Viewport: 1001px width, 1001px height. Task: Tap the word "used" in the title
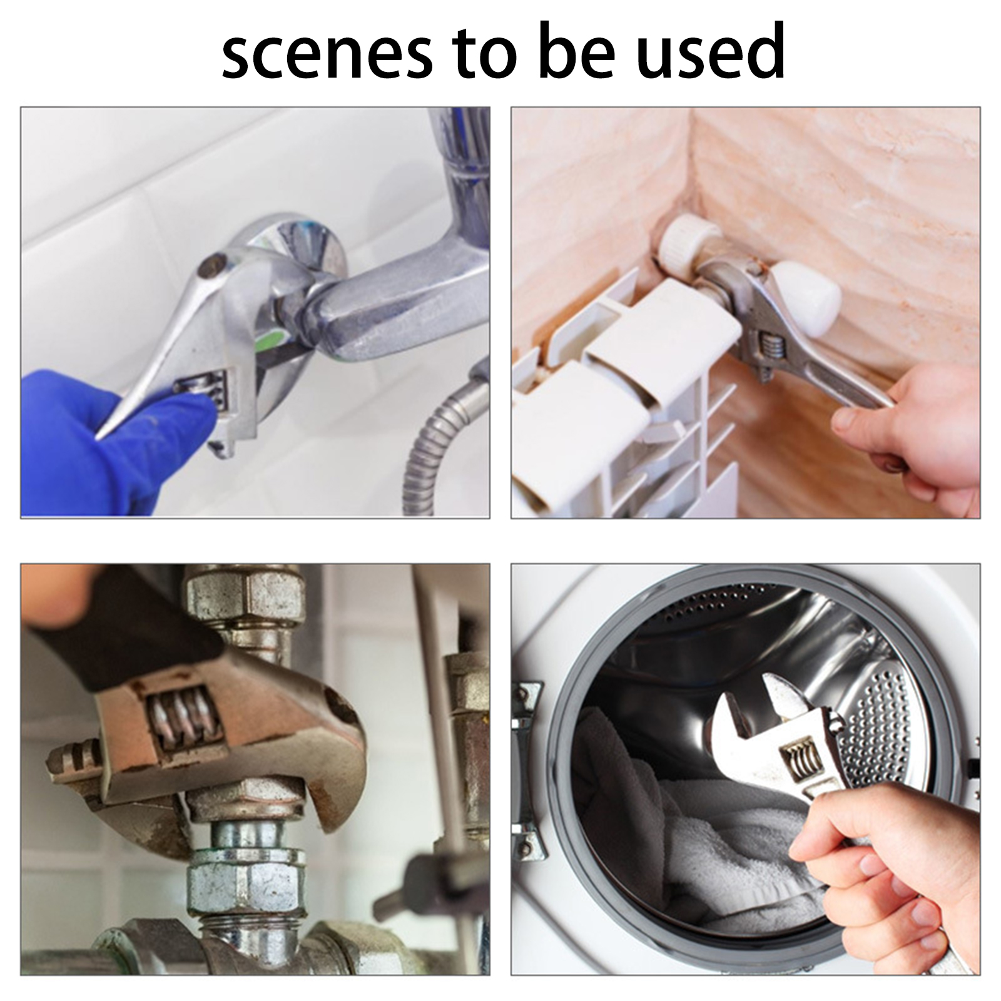pyautogui.click(x=710, y=50)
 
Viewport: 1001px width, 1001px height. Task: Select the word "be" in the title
pyautogui.click(x=574, y=50)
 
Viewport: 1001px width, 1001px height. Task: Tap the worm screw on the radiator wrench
pyautogui.click(x=770, y=351)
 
